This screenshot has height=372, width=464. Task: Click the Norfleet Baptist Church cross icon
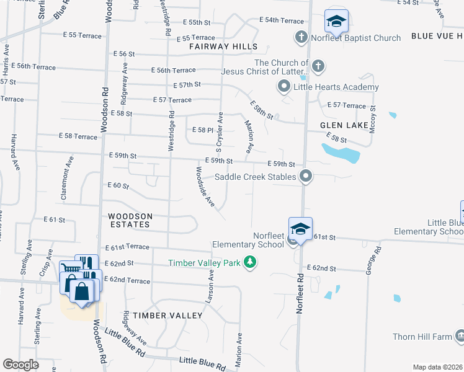click(x=301, y=38)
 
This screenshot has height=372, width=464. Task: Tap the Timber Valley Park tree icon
click(x=251, y=263)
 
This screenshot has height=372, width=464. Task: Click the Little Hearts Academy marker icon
click(x=284, y=86)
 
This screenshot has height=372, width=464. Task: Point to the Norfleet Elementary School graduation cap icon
click(x=300, y=229)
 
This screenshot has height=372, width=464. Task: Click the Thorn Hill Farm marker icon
click(x=460, y=337)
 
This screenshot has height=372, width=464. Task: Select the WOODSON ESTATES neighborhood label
click(x=129, y=220)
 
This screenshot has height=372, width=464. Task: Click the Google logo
click(x=20, y=365)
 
